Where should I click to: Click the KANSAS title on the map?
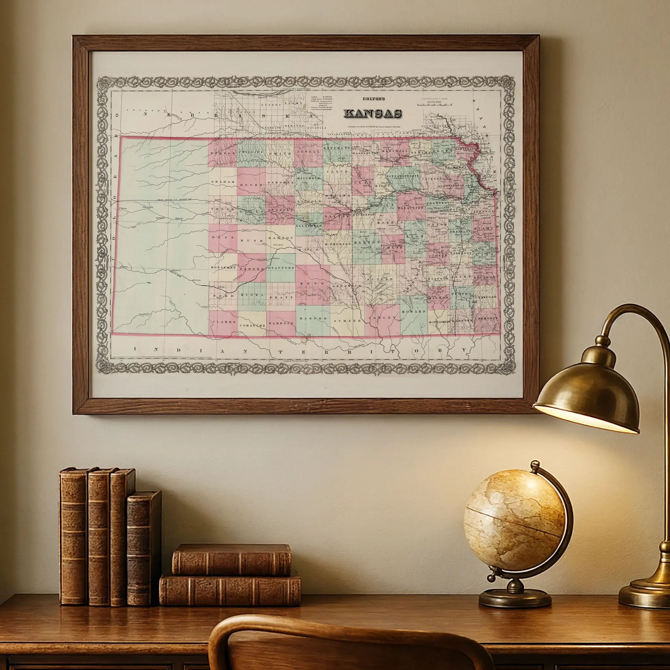(373, 114)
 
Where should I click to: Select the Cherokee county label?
(486, 318)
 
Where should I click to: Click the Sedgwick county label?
(347, 285)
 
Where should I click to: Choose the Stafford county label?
(281, 268)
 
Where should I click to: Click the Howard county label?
(413, 311)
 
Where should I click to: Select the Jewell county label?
(308, 152)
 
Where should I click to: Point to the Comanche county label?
(253, 325)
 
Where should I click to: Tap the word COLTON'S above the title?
(374, 98)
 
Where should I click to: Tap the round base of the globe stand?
(515, 598)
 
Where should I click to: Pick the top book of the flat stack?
(231, 560)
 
